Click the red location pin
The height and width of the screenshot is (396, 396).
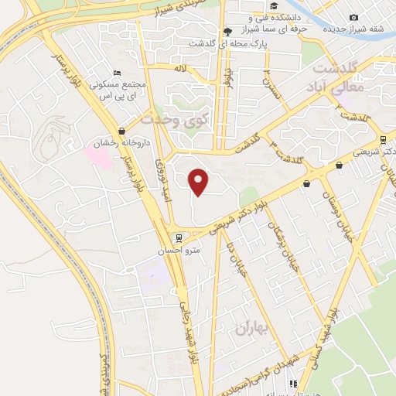(x=200, y=182)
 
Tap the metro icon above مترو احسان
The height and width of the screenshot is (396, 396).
(x=179, y=238)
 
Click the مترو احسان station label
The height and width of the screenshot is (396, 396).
(x=183, y=251)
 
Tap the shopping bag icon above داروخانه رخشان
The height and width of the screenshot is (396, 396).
(x=121, y=131)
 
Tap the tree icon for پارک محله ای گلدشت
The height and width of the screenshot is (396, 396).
(x=227, y=31)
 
